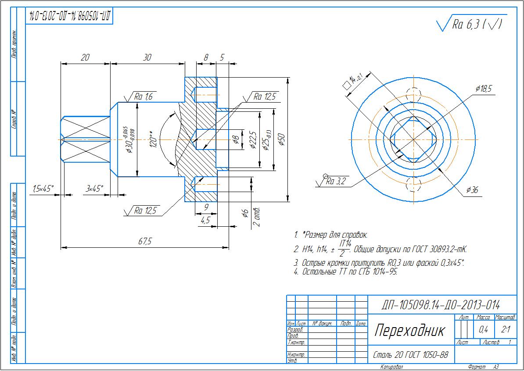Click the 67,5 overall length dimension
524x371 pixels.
point(144,242)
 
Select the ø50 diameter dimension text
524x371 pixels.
point(281,139)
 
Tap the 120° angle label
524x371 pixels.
point(152,139)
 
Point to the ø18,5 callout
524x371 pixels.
point(483,89)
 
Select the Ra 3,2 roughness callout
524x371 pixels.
point(336,182)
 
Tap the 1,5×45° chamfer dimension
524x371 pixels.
point(43,189)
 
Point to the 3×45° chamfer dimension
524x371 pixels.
point(94,189)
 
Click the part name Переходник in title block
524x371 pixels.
point(409,330)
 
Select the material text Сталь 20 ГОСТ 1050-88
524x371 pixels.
point(410,355)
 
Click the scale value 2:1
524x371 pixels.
point(505,329)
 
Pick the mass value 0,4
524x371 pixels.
point(484,329)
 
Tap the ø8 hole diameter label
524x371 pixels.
point(235,140)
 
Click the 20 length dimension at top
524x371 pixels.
point(85,57)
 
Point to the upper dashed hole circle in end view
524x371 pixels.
point(413,94)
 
